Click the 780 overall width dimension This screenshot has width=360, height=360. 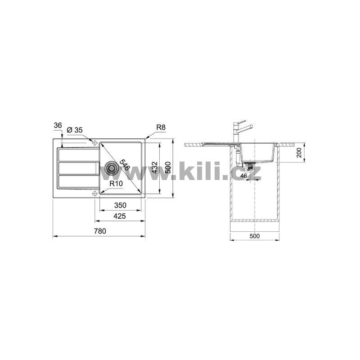tap(100, 231)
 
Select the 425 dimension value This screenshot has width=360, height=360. tap(120, 216)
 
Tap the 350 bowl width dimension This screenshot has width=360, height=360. tap(120, 205)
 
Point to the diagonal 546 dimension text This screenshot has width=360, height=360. tap(125, 164)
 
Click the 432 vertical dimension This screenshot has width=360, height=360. tap(154, 168)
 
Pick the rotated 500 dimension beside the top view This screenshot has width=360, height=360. tap(168, 168)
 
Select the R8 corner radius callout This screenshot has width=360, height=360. tap(161, 127)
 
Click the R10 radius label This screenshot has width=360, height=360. tap(116, 184)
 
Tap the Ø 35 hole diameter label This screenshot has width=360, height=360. tap(74, 130)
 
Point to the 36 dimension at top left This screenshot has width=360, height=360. tap(58, 126)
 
